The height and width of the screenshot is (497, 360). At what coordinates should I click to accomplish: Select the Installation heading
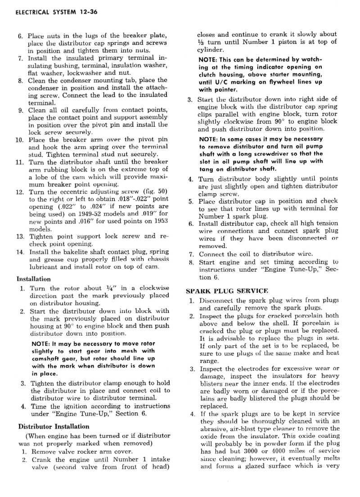tap(33, 279)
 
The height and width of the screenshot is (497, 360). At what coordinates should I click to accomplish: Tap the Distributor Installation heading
tap(54, 426)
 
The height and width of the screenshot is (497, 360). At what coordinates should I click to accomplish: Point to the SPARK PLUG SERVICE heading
tap(227, 291)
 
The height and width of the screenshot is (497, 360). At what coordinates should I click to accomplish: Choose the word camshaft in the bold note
tap(46, 351)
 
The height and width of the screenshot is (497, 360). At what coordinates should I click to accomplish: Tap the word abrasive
tap(213, 429)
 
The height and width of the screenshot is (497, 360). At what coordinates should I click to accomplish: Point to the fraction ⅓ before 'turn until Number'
tap(201, 42)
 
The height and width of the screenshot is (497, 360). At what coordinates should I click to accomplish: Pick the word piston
tap(288, 42)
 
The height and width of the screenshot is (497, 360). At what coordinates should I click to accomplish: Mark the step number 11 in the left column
tap(20, 162)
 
